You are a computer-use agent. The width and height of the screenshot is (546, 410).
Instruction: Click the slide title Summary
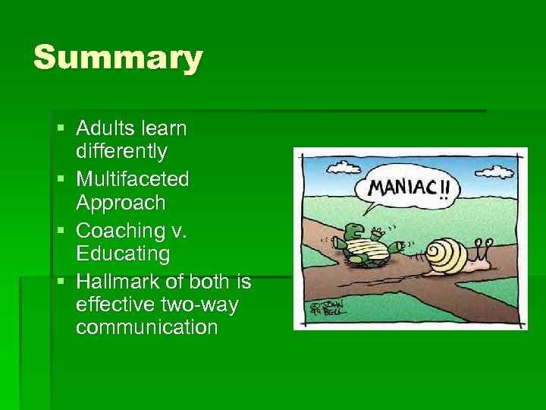coord(118,58)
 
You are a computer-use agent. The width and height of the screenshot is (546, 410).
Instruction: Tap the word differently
coord(121,152)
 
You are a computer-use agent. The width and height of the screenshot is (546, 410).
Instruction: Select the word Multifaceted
coord(133,179)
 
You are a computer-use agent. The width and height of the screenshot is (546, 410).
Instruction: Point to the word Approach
coord(120,203)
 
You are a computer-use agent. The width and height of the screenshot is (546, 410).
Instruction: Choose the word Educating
coord(123,253)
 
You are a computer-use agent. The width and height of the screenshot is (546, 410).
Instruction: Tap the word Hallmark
coord(118,281)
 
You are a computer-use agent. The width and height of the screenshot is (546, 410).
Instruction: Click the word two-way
coord(199,304)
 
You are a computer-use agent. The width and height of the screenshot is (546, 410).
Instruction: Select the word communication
coord(146,327)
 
